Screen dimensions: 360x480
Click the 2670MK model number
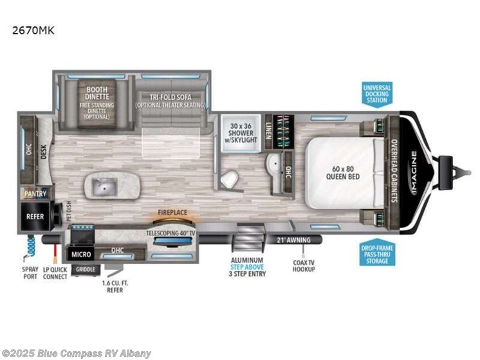(x=32, y=29)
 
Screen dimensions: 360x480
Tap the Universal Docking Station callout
(x=376, y=94)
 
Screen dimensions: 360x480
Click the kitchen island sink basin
(x=102, y=188)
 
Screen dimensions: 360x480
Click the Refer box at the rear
(x=35, y=217)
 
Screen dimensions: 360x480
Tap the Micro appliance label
(x=80, y=253)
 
